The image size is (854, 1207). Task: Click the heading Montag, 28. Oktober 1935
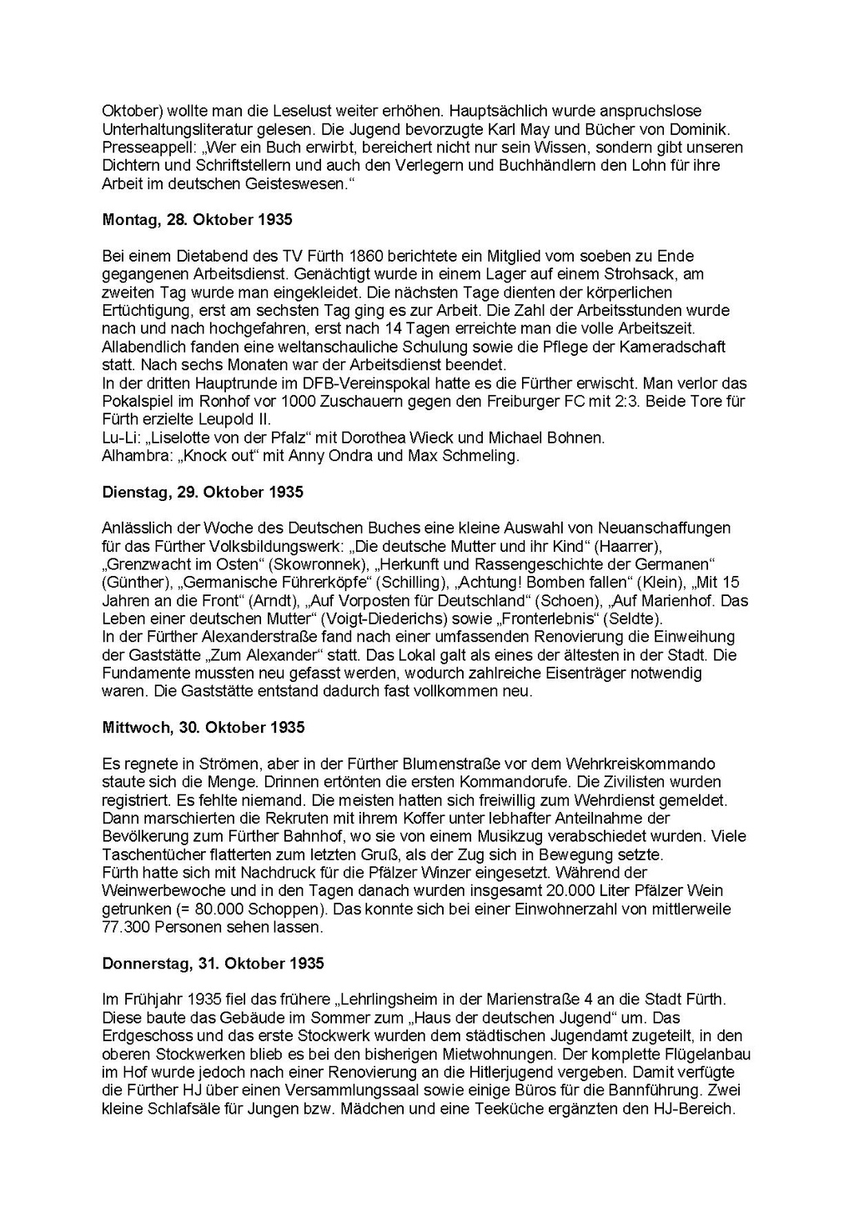197,220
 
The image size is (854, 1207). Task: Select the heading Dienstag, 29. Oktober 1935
203,492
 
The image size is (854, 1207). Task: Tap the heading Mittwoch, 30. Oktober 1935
203,727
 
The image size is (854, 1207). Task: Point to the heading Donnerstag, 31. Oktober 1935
213,964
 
